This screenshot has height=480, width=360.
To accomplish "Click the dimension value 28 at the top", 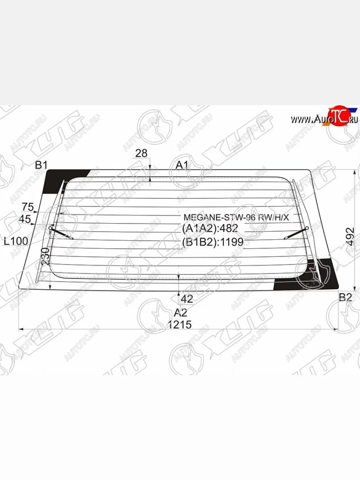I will (x=141, y=153).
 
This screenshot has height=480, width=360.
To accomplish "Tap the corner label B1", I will (x=41, y=165).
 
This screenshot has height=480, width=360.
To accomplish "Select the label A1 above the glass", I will (x=182, y=165).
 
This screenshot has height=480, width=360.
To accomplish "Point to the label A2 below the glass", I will (x=180, y=312).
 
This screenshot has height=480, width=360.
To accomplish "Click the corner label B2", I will (x=345, y=297).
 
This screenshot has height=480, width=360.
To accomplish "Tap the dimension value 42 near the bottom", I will (x=187, y=299).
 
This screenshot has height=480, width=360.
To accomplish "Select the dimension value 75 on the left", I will (x=28, y=207).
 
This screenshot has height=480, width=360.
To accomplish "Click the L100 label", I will (x=16, y=241).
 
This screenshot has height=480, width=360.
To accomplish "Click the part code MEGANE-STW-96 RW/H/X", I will (x=236, y=217).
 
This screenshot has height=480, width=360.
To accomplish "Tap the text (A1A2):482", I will (x=210, y=229).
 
